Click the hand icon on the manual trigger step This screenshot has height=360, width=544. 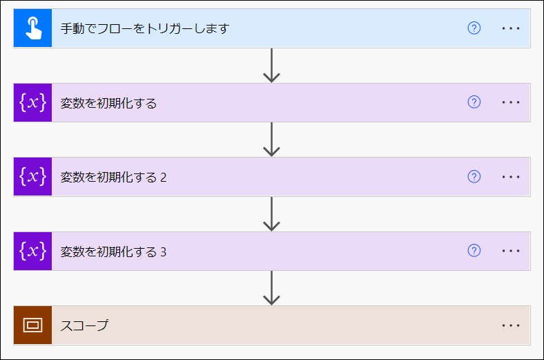[x=32, y=28]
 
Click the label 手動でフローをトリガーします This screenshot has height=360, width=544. [x=144, y=28]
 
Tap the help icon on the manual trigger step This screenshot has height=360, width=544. [x=474, y=28]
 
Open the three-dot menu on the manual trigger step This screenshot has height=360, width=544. [x=511, y=28]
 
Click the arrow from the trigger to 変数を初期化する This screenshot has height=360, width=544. [x=272, y=66]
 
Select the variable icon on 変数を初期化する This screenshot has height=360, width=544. [x=32, y=102]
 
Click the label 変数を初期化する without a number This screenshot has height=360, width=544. [x=108, y=103]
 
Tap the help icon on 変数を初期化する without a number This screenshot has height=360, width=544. [x=474, y=102]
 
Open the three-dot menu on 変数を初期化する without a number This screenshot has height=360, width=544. [x=511, y=102]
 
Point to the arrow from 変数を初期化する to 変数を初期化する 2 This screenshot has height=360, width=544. [x=272, y=140]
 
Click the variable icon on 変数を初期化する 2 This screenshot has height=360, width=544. [x=32, y=177]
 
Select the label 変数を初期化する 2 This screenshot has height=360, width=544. [x=113, y=178]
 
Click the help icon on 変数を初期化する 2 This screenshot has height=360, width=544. [x=474, y=177]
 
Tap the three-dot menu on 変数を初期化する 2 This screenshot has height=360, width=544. [x=511, y=177]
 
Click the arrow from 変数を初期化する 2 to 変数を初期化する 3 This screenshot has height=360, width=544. [x=272, y=214]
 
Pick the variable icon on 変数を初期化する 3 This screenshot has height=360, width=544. [x=32, y=251]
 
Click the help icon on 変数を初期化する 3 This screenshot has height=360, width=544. [x=474, y=251]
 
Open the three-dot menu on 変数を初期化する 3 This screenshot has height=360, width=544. [x=511, y=251]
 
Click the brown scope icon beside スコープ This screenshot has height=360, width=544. [x=32, y=325]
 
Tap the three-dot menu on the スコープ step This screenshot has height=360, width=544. [x=511, y=325]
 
